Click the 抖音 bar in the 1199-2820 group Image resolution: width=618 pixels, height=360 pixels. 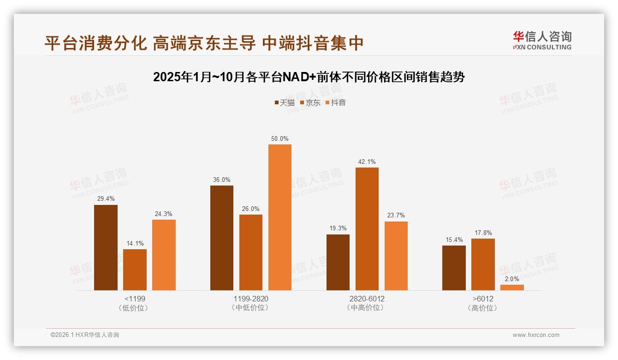(x=280, y=217)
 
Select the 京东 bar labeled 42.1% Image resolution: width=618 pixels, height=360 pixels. (x=367, y=229)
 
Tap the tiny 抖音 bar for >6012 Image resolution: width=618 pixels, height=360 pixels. (x=512, y=288)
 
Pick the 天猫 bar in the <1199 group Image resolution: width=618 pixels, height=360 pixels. (x=106, y=247)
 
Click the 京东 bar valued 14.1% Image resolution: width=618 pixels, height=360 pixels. (x=135, y=270)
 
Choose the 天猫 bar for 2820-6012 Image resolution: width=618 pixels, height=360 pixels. (x=338, y=262)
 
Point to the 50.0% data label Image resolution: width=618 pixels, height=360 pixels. (x=280, y=139)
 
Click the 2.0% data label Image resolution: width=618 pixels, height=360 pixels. (x=512, y=279)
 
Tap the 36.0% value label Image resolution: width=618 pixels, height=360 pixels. (x=222, y=180)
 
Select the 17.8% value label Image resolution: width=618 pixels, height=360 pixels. (x=483, y=233)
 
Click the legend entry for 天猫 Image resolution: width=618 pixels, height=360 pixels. (x=285, y=103)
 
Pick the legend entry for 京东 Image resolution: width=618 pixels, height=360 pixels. (x=310, y=103)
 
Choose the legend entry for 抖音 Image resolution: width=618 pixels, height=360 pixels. (x=335, y=103)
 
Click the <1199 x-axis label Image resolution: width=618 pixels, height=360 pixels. (x=135, y=299)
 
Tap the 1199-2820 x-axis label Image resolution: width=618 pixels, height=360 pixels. (x=251, y=299)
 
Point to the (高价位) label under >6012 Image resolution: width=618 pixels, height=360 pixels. (x=483, y=308)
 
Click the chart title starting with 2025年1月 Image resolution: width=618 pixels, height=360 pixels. (x=309, y=77)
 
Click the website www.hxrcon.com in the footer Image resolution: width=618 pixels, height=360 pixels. (x=536, y=335)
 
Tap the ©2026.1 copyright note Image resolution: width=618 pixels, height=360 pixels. (x=85, y=335)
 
